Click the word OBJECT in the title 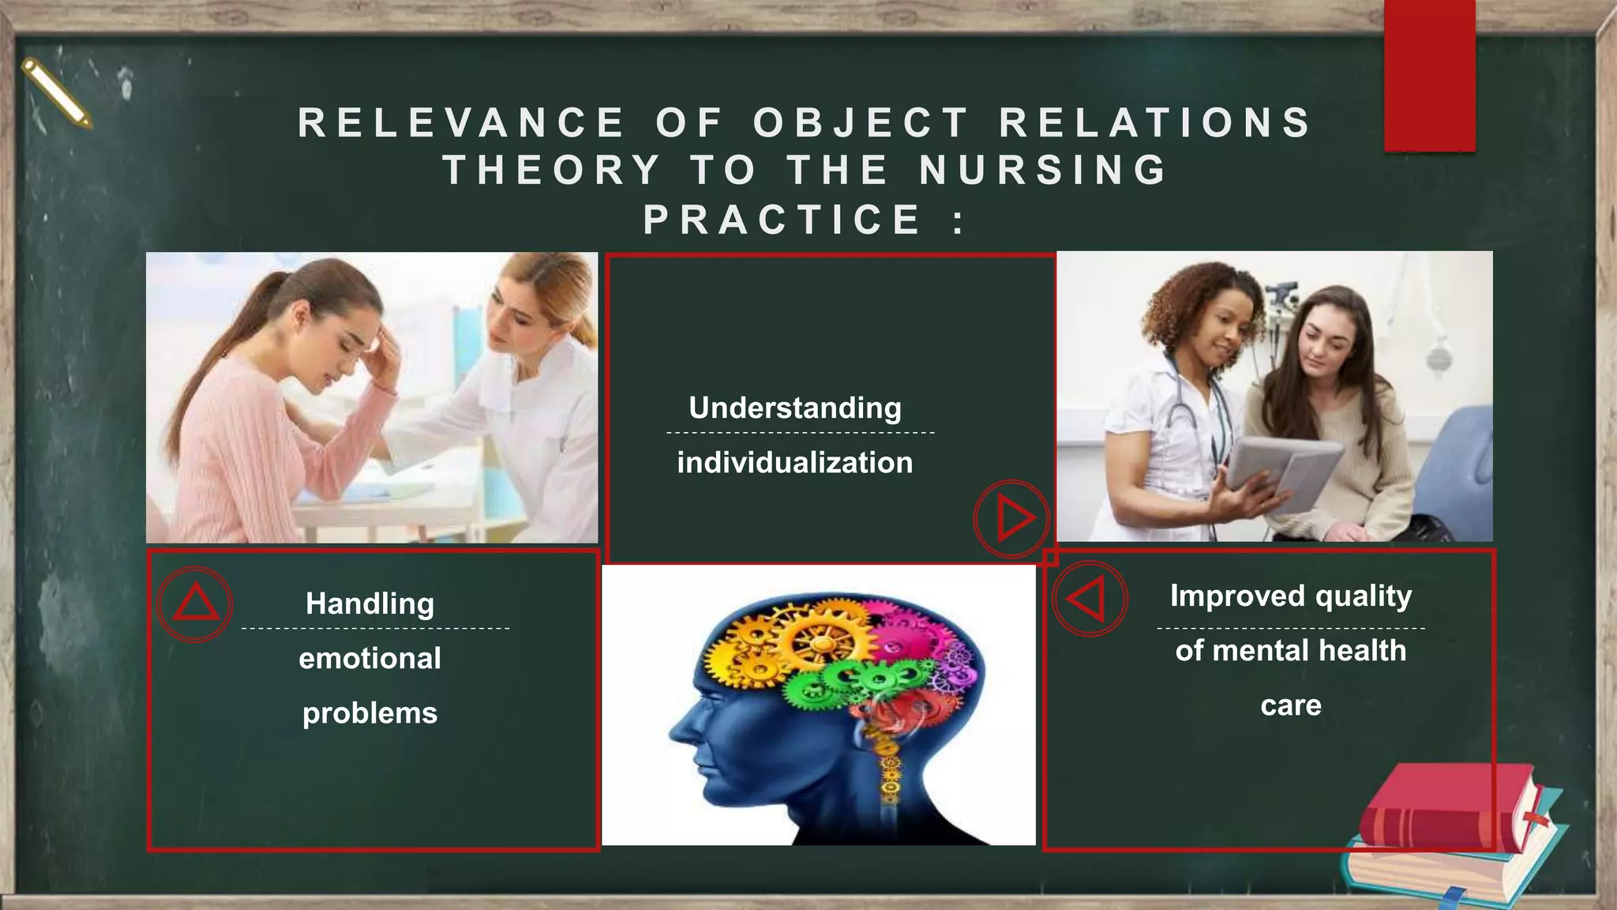tap(861, 123)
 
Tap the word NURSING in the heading tap(1043, 171)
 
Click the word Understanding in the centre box tap(795, 408)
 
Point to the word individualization tap(795, 463)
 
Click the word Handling tap(370, 604)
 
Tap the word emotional tap(370, 658)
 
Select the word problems tap(370, 713)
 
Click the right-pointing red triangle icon tap(1012, 519)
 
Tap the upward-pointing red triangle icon tap(195, 604)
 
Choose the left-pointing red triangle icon tap(1088, 599)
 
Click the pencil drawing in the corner tap(56, 92)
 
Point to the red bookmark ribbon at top tap(1429, 75)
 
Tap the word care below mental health tap(1291, 705)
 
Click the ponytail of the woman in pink tap(213, 348)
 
